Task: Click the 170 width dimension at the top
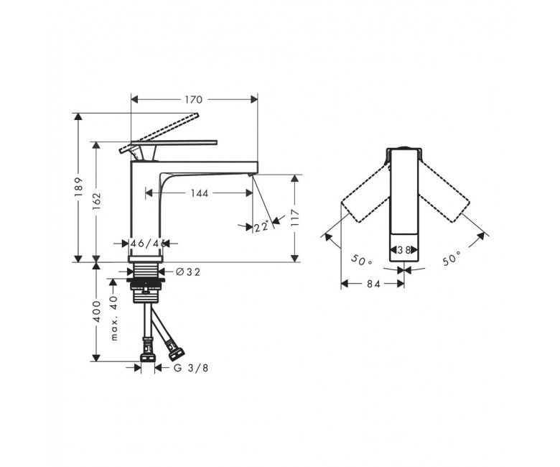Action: coord(194,100)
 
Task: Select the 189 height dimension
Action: coord(79,187)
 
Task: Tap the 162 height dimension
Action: coord(97,201)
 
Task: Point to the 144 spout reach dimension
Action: coord(200,193)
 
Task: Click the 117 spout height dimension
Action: coord(295,218)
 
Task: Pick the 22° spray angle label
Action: coord(261,226)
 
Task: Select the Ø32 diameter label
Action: coord(188,272)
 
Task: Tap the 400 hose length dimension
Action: coord(97,311)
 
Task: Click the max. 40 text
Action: coord(114,318)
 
